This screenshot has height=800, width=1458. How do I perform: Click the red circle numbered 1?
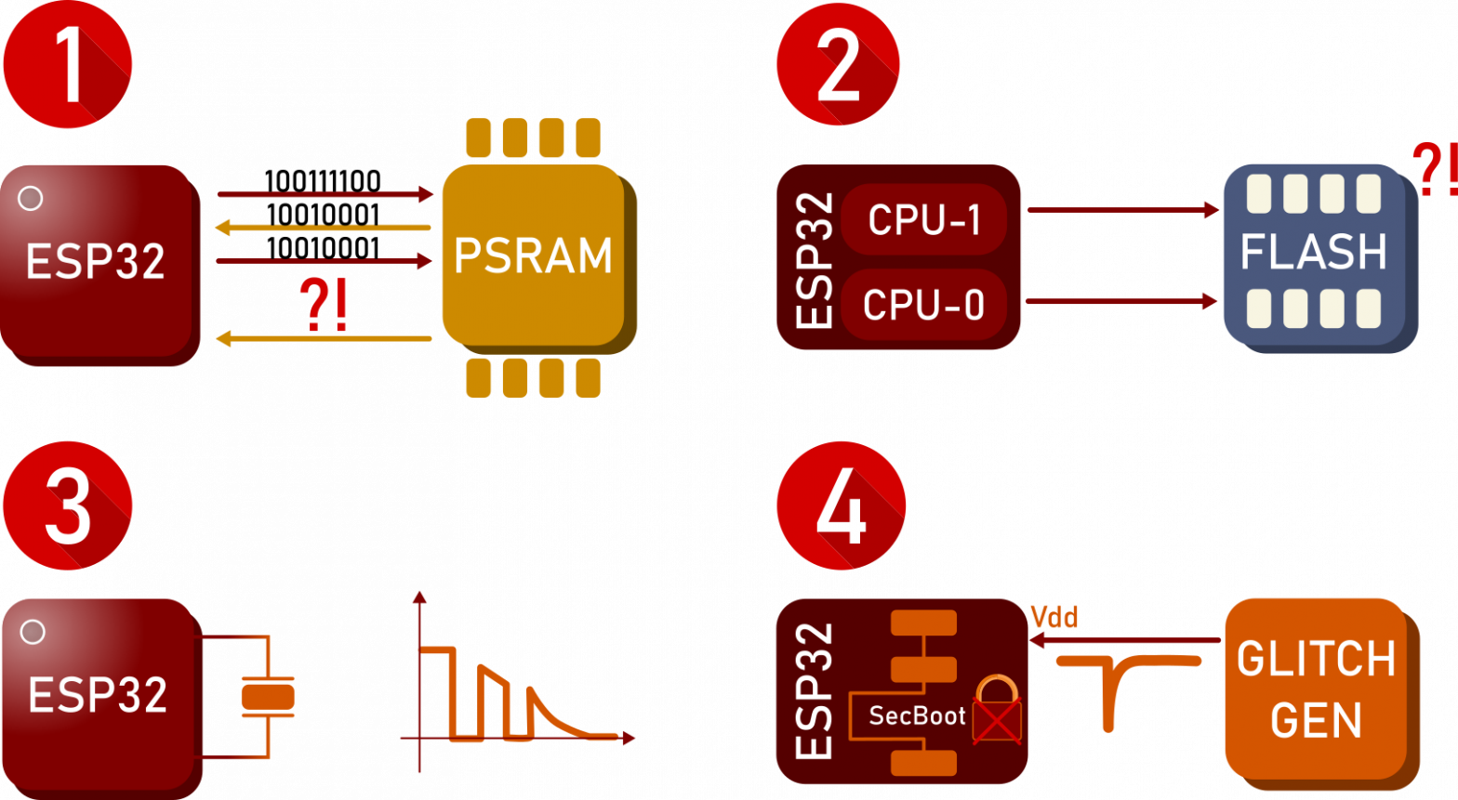click(x=67, y=63)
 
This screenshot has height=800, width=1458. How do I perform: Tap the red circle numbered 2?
click(x=839, y=63)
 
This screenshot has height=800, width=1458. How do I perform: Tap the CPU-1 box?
click(x=924, y=219)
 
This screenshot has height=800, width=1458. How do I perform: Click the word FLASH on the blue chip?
click(x=1314, y=252)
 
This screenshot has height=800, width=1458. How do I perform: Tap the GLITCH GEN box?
click(x=1316, y=689)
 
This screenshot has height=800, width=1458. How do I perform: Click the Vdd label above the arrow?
click(x=1054, y=618)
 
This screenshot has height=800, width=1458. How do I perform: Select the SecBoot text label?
click(x=917, y=715)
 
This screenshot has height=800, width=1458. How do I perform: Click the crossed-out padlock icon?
click(x=997, y=711)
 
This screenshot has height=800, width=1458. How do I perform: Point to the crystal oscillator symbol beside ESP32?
click(x=268, y=697)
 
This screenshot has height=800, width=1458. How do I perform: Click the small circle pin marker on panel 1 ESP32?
click(x=30, y=198)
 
